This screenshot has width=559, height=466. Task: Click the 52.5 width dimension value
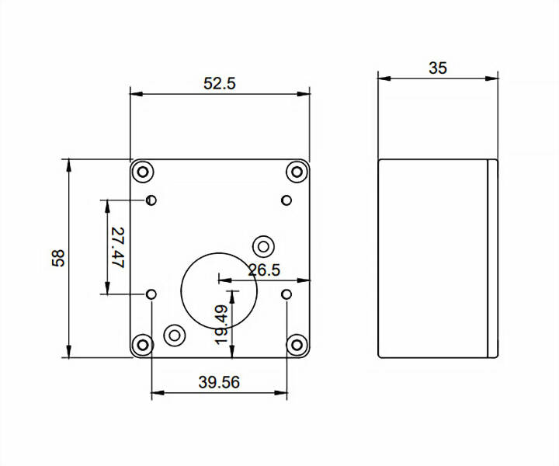(220, 84)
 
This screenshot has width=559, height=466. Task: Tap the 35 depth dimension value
(438, 68)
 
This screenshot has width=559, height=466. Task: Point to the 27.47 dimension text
(118, 248)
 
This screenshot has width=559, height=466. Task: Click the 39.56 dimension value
(219, 382)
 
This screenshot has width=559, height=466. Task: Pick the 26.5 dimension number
(264, 270)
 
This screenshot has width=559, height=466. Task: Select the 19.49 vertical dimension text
(221, 324)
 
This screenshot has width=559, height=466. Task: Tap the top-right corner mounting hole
(297, 172)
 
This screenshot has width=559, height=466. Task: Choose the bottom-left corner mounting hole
(143, 344)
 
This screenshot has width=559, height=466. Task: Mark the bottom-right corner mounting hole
(297, 344)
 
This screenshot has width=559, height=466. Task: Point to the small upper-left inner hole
(152, 200)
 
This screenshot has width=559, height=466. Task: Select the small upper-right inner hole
(286, 200)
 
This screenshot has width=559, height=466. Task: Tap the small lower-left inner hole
(152, 294)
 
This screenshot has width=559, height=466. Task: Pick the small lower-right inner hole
(286, 294)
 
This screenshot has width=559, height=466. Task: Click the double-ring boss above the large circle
(263, 247)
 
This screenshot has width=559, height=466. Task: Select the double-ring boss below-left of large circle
(175, 336)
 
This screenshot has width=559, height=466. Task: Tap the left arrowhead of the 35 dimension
(383, 78)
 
